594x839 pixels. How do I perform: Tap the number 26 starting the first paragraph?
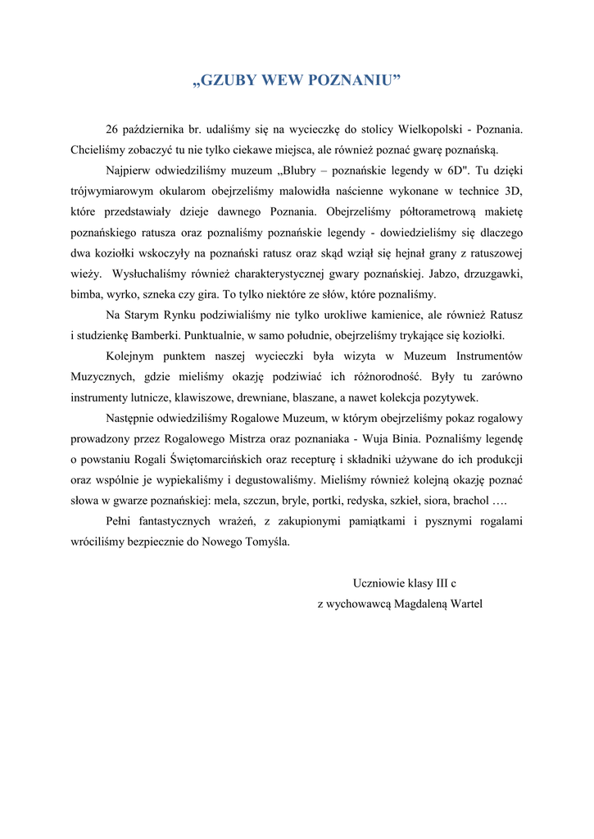[113, 130]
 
